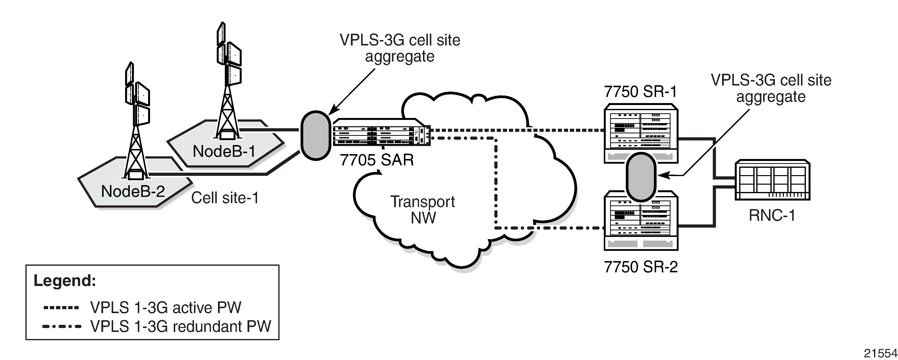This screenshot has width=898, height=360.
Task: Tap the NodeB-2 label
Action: [133, 191]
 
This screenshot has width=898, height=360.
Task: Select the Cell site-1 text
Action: [225, 198]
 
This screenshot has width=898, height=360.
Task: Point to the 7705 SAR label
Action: [377, 160]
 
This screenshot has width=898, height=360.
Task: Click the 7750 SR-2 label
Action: [641, 267]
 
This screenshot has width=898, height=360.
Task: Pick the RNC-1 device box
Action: [772, 180]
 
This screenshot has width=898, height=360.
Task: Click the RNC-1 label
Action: [772, 215]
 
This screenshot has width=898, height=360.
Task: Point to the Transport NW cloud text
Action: [422, 210]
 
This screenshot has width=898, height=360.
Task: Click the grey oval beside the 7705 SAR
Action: [315, 136]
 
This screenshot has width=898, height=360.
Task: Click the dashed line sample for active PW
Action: [61, 308]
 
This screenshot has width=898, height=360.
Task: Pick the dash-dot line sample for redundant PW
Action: [62, 327]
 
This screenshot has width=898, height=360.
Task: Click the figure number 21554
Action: [880, 353]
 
